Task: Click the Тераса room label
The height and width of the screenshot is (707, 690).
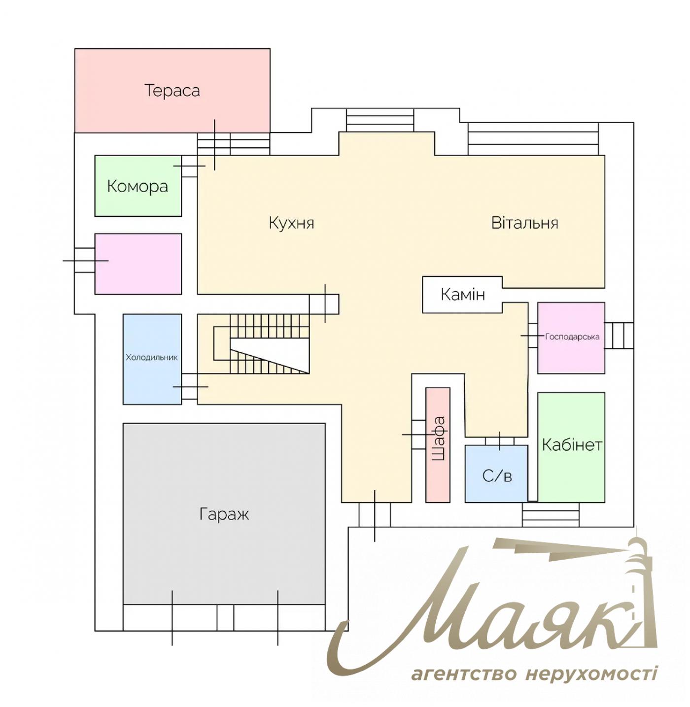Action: pos(172,91)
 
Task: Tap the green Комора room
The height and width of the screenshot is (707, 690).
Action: pos(138,186)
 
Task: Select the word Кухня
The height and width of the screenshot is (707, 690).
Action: pos(291,223)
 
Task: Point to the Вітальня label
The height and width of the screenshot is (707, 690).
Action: pos(524,223)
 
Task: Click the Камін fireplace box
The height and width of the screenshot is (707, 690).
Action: pos(462,295)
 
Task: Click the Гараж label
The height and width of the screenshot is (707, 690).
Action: pos(224,514)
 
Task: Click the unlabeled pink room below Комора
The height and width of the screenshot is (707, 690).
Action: pos(138,264)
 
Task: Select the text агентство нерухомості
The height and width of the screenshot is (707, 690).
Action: pos(534,673)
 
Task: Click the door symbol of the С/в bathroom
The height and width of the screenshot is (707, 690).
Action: pos(500,440)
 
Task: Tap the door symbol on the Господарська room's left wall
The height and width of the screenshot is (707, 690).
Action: pos(532,336)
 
